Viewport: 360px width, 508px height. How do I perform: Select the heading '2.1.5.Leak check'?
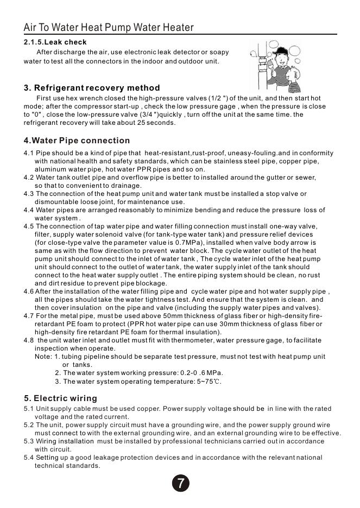[55, 42]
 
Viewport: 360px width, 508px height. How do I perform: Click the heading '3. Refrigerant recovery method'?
[92, 88]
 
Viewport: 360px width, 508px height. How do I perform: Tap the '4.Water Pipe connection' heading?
[77, 141]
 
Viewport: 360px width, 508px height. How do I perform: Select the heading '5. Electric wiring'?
[60, 398]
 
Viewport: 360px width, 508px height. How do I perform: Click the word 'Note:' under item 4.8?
[43, 357]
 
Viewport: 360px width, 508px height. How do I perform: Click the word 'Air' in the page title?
[30, 28]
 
